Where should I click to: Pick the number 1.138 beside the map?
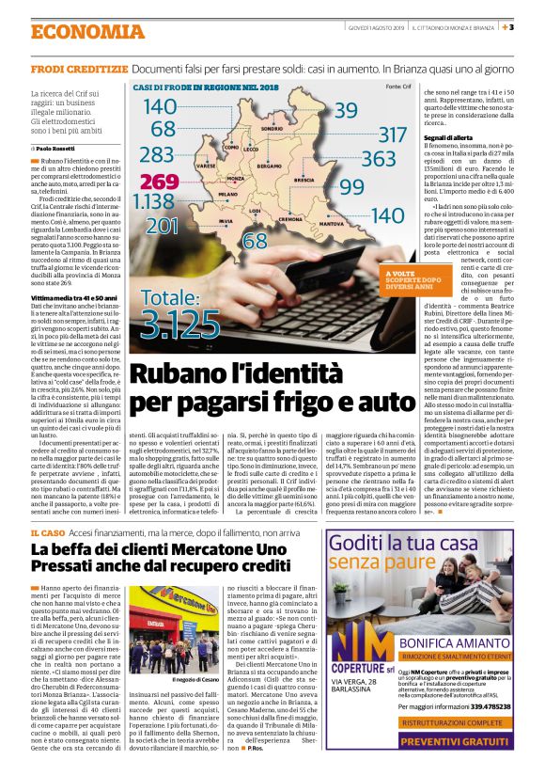[153, 201]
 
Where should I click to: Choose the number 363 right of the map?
[379, 158]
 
